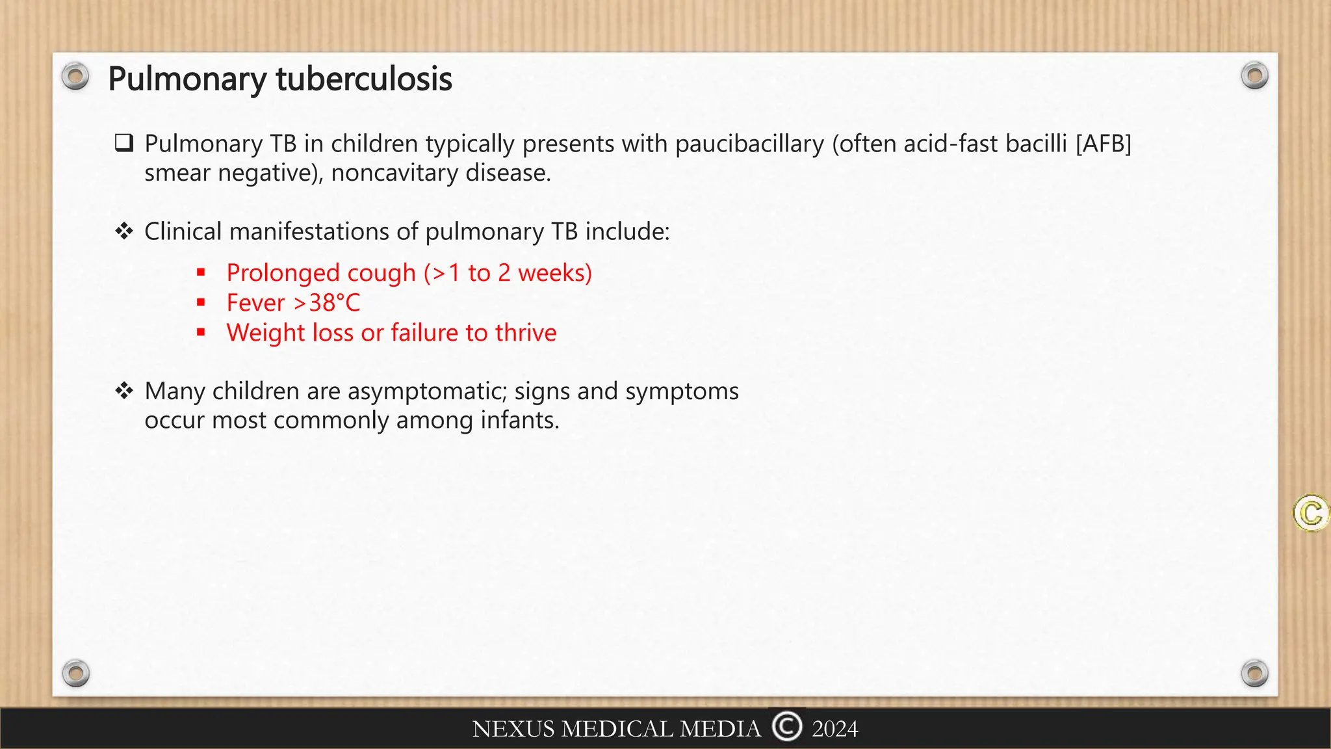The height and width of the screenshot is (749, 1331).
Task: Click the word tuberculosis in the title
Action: point(364,79)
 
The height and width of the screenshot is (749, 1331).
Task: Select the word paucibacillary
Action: point(749,144)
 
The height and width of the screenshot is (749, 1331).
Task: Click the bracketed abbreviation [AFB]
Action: point(1104,144)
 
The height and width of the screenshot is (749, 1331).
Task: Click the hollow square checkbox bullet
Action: point(124,143)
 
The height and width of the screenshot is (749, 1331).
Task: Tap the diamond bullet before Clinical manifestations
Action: point(124,231)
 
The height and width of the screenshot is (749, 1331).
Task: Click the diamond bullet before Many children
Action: point(124,391)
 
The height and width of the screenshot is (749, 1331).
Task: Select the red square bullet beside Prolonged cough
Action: point(201,272)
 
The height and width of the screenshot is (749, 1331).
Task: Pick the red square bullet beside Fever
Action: point(201,302)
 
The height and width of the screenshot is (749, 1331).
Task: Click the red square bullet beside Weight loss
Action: point(201,332)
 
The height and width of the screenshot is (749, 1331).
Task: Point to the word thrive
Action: point(526,333)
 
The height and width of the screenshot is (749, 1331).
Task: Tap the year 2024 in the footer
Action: point(835,729)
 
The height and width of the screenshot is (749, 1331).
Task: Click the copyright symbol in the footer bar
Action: point(787,726)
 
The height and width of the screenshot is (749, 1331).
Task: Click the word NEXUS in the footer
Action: point(513,729)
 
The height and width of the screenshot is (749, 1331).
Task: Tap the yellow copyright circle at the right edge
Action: point(1311,514)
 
